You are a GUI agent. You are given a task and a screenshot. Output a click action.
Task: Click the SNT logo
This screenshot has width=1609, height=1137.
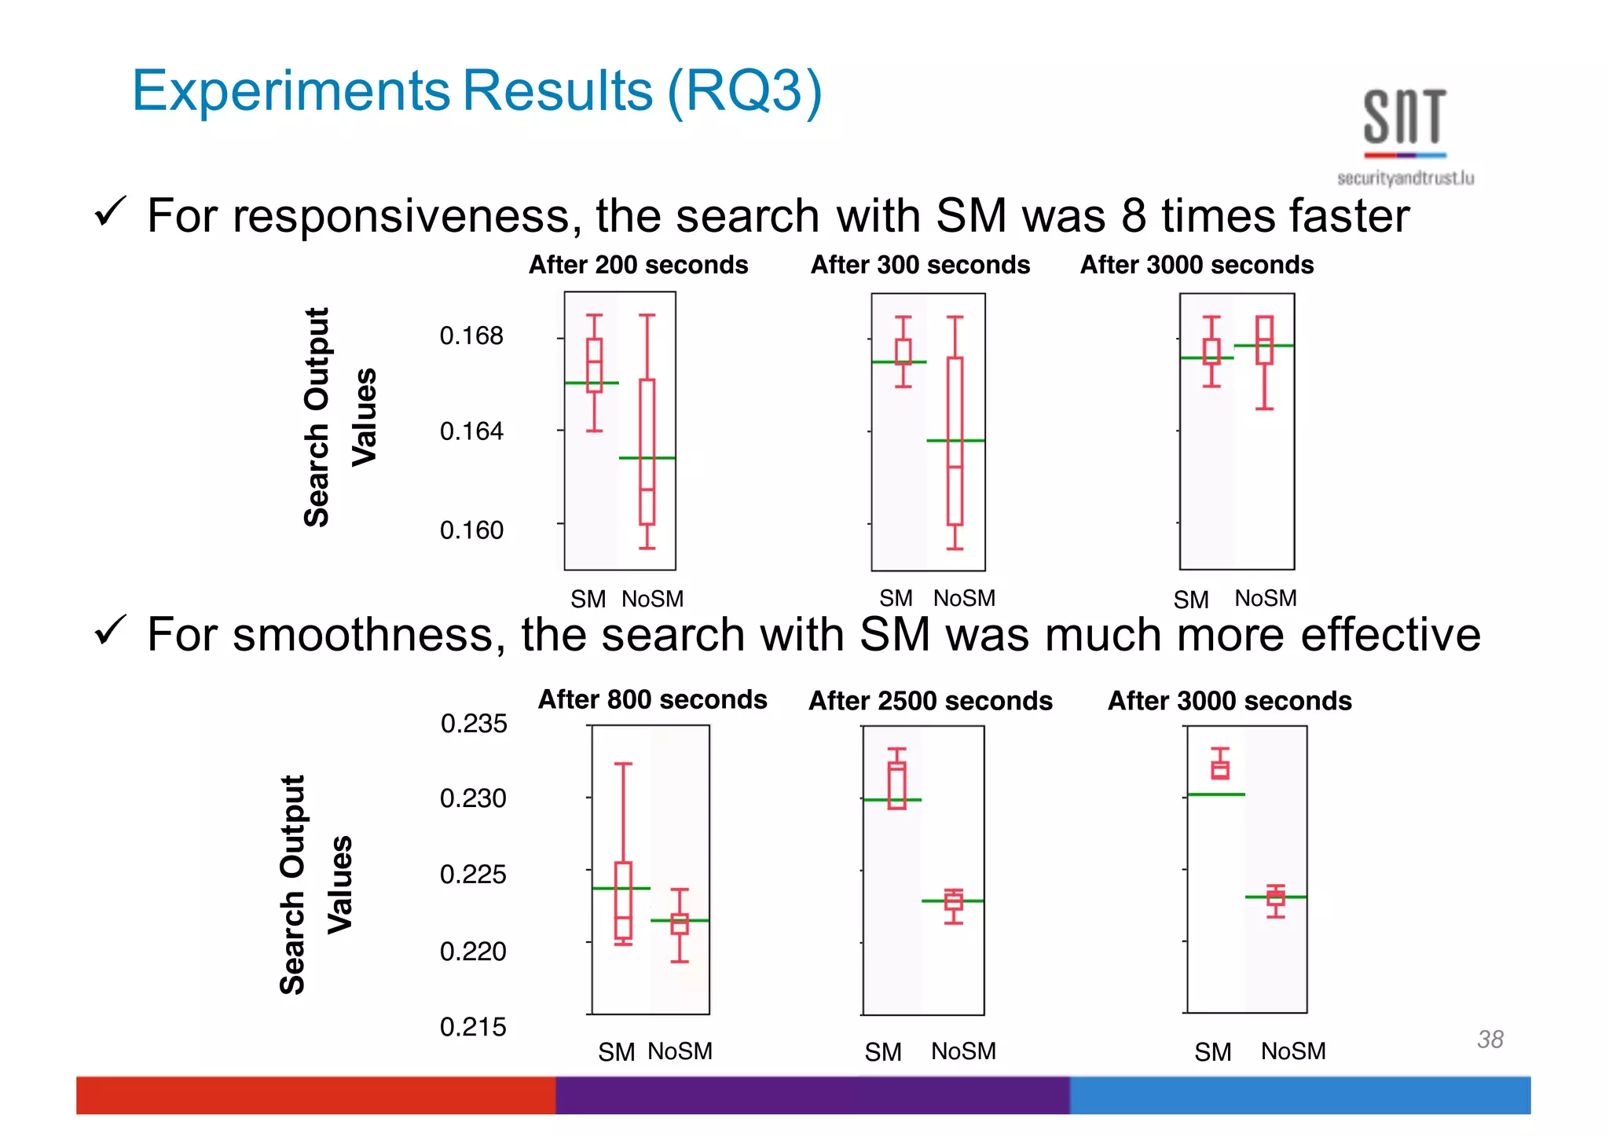pyautogui.click(x=1405, y=134)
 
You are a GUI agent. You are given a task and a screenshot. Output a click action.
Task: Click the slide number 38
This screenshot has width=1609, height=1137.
pyautogui.click(x=1490, y=1039)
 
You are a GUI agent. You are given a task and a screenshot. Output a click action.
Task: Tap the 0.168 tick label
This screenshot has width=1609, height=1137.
pyautogui.click(x=471, y=336)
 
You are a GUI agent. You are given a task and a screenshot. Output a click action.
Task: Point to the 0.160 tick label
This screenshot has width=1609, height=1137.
pyautogui.click(x=471, y=530)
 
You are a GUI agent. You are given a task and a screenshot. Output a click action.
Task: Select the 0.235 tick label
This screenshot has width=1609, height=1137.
pyautogui.click(x=473, y=723)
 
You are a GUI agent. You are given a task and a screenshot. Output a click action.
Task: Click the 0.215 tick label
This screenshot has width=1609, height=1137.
pyautogui.click(x=473, y=1026)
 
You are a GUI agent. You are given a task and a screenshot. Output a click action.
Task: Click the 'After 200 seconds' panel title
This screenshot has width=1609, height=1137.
pyautogui.click(x=638, y=265)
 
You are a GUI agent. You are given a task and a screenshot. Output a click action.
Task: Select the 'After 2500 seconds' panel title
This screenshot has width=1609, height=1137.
pyautogui.click(x=930, y=700)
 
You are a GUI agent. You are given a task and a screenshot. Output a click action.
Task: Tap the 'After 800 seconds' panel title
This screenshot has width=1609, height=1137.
pyautogui.click(x=652, y=699)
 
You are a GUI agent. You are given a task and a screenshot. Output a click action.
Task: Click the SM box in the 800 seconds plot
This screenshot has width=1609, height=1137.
pyautogui.click(x=623, y=900)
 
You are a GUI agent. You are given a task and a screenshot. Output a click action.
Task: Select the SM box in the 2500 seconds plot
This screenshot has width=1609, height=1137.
pyautogui.click(x=896, y=785)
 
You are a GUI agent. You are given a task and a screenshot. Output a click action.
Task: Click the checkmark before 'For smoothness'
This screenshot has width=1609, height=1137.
pyautogui.click(x=109, y=630)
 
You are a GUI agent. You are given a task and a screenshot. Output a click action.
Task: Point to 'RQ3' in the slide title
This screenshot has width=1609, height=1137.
pyautogui.click(x=743, y=90)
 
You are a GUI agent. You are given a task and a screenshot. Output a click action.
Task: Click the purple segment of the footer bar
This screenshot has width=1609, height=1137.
pyautogui.click(x=812, y=1095)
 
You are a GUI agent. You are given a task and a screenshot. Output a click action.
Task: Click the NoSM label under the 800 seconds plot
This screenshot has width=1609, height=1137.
pyautogui.click(x=680, y=1051)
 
